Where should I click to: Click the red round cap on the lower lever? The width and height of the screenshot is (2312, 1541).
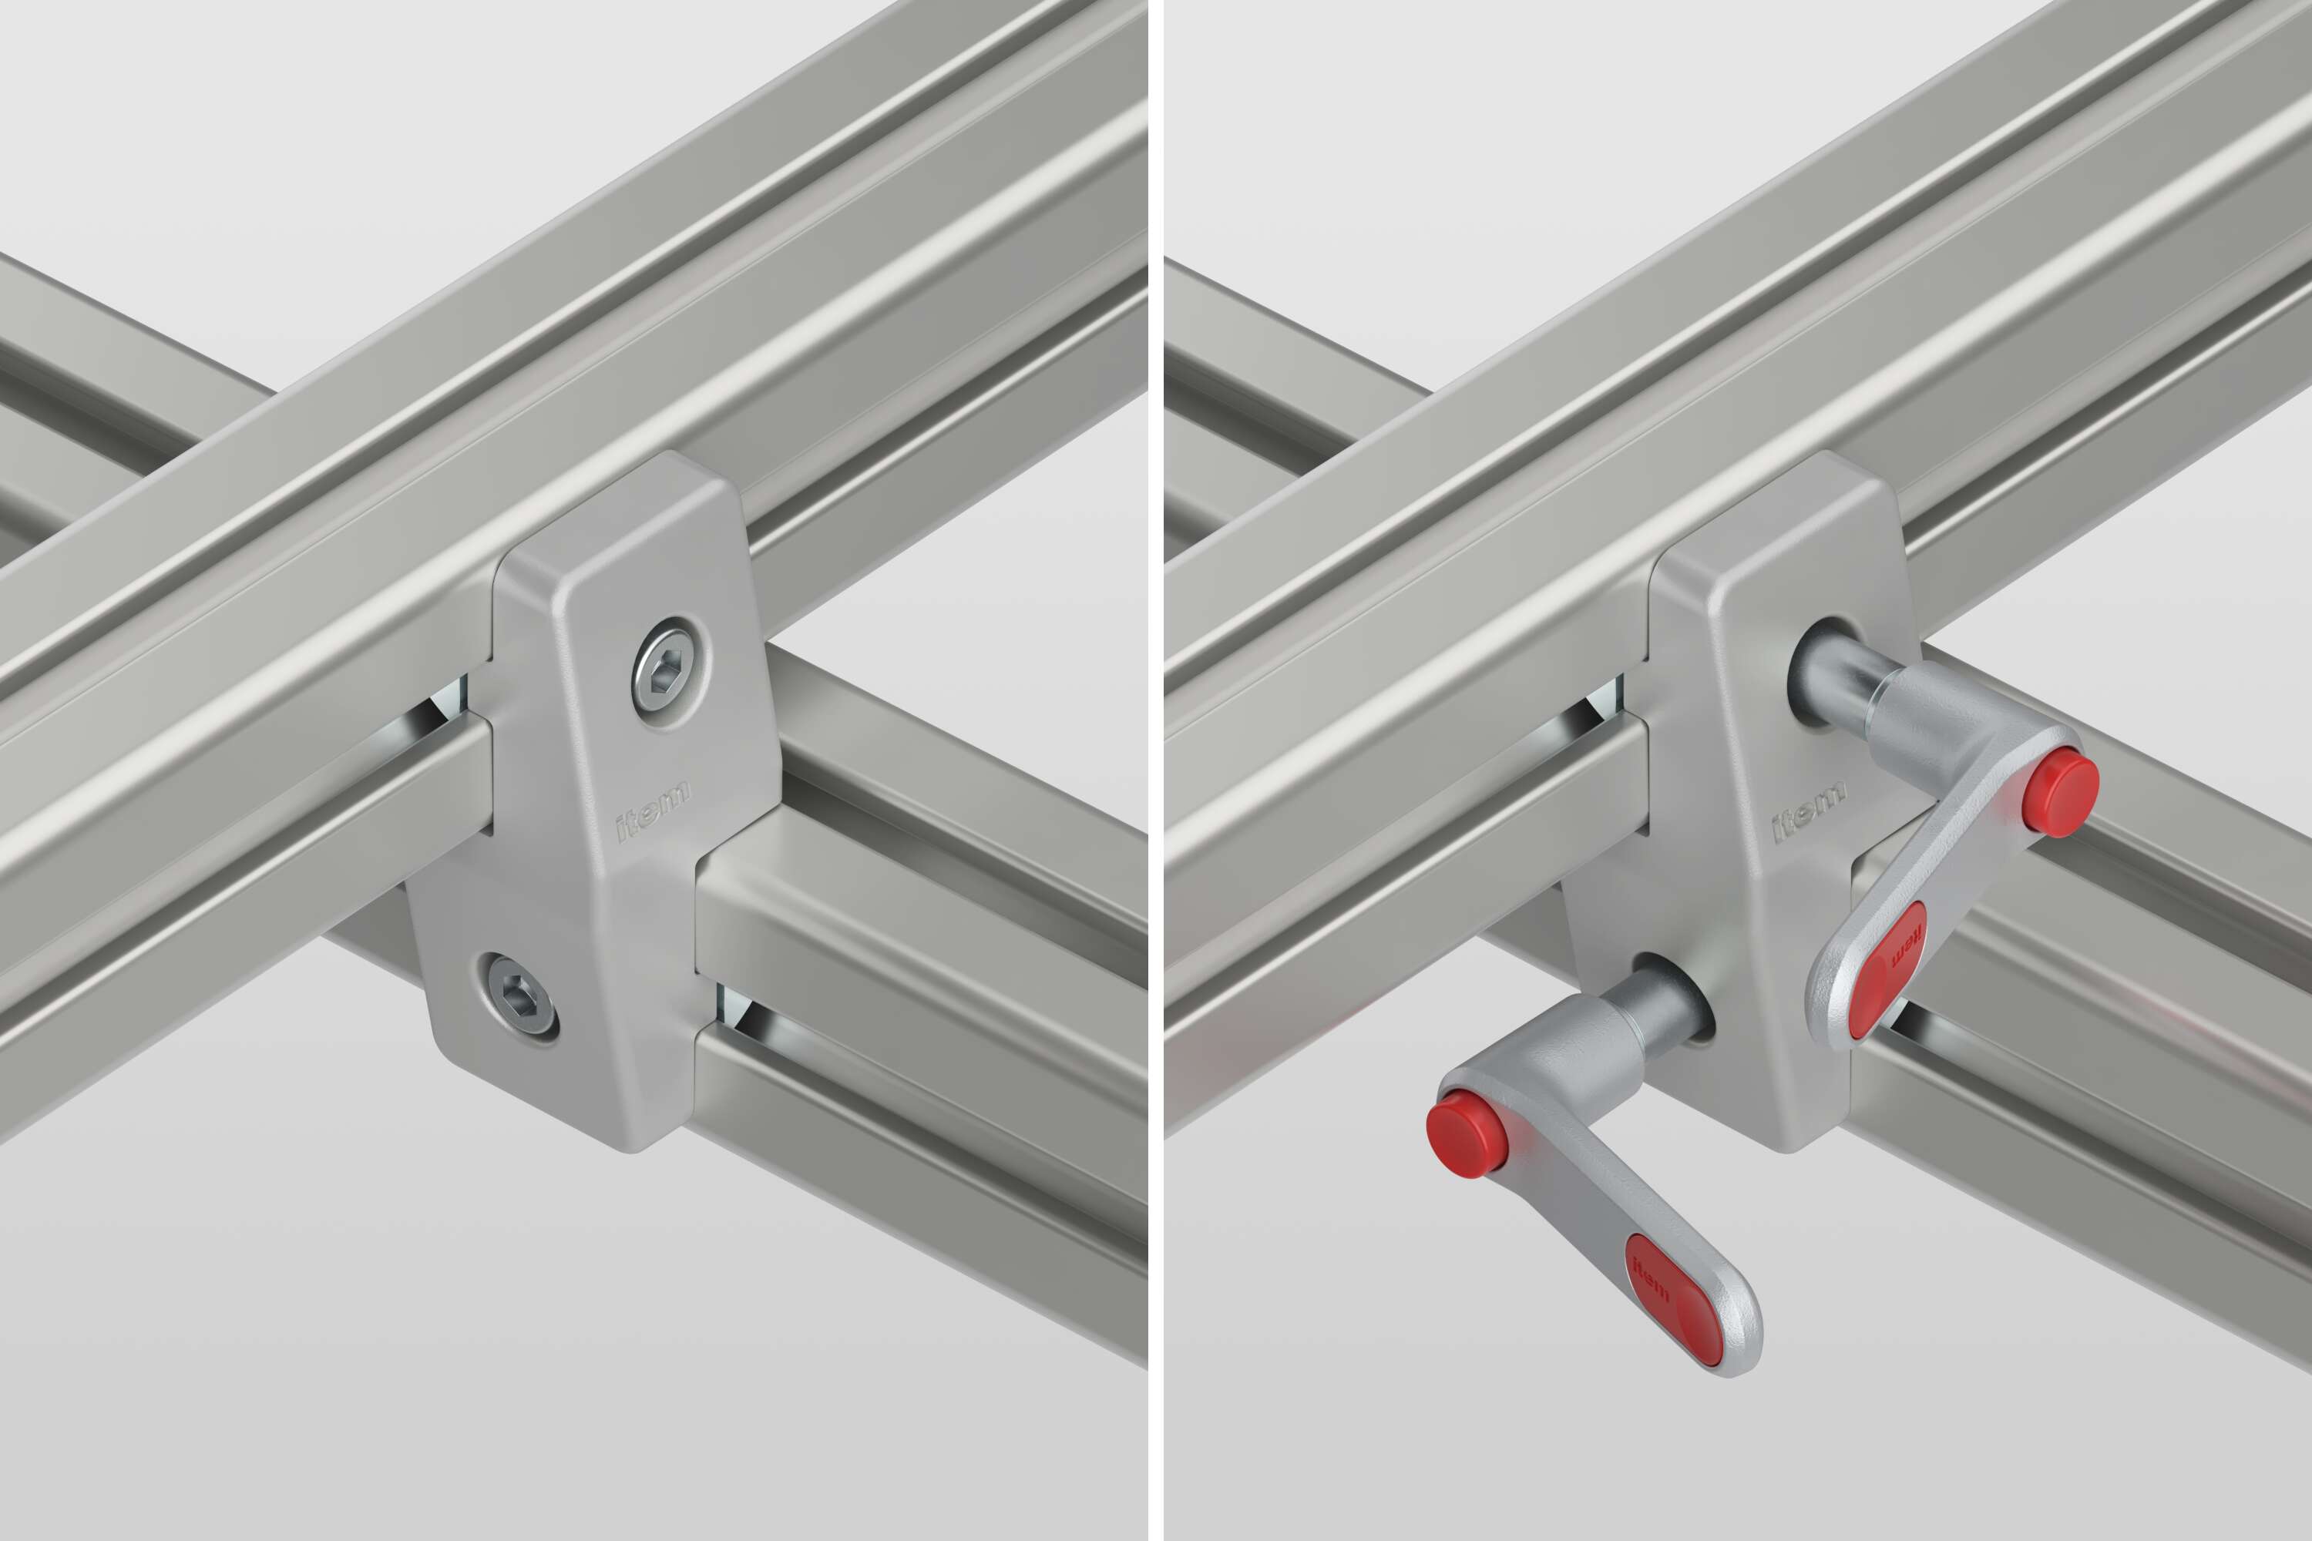tap(1467, 1140)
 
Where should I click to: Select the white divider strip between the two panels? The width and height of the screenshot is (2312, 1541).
tap(1155, 770)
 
